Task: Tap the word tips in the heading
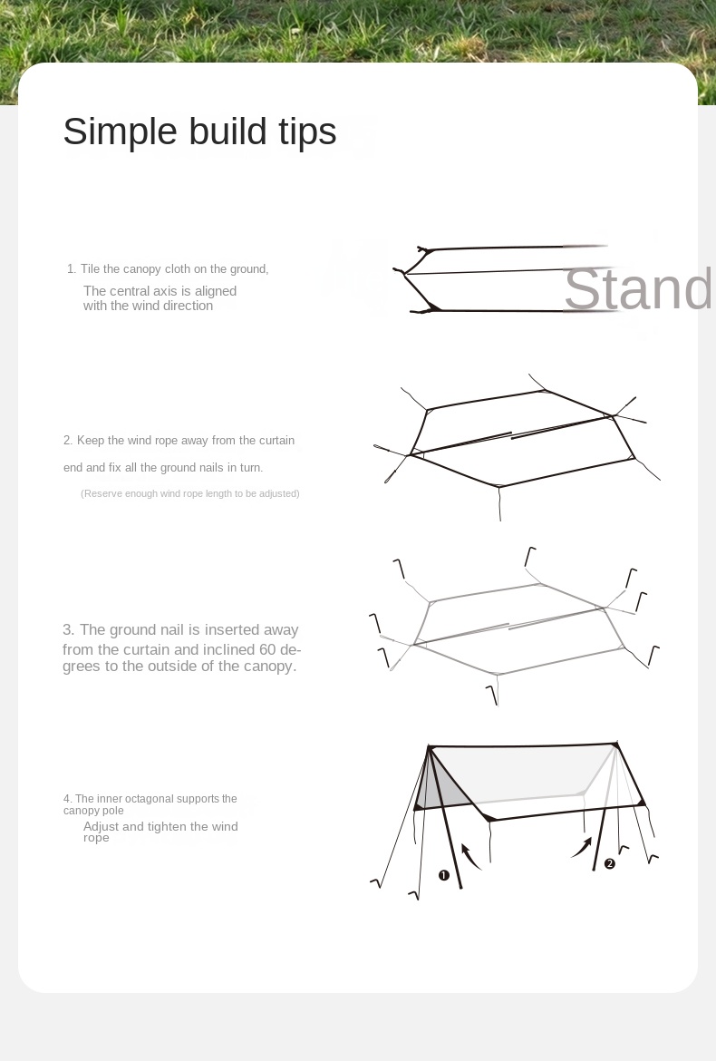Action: coord(307,132)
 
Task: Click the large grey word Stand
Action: coord(637,289)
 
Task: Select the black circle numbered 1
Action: coord(443,876)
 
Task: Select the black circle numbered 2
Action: coord(610,863)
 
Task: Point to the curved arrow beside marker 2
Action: coord(583,848)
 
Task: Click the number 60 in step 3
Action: coord(267,649)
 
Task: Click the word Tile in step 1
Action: coord(90,268)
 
